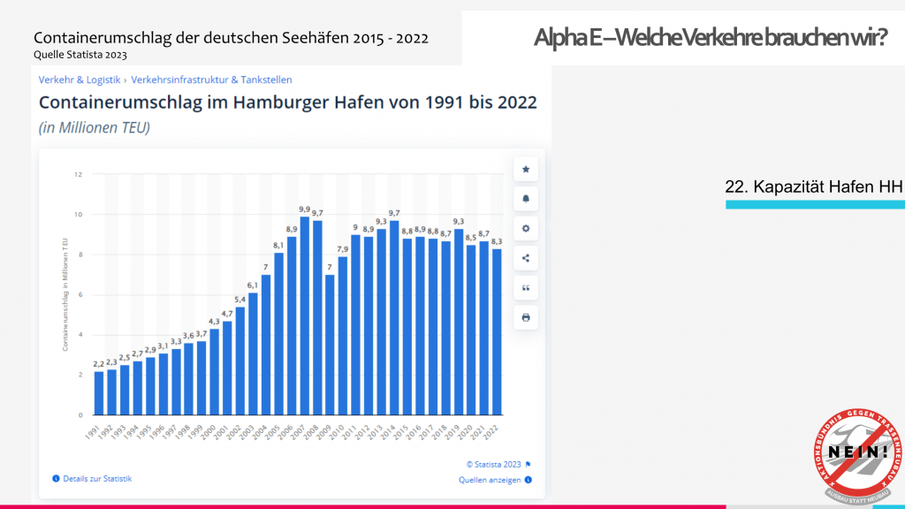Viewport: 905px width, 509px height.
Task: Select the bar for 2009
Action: [330, 345]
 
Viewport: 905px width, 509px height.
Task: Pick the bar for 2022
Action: [496, 331]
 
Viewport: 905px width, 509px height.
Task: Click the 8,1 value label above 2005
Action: [278, 245]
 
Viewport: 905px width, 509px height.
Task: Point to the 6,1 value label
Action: [253, 285]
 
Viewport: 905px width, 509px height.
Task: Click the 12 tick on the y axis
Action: [79, 174]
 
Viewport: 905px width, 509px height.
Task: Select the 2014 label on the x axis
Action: [392, 430]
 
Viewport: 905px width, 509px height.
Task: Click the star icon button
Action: [526, 169]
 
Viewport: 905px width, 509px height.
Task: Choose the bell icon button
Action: [526, 199]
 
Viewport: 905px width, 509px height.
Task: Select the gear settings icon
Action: [526, 229]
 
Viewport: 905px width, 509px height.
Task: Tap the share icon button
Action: [526, 258]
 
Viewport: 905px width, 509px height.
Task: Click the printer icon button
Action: [526, 317]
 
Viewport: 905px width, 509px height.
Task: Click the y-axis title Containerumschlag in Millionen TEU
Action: [65, 294]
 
